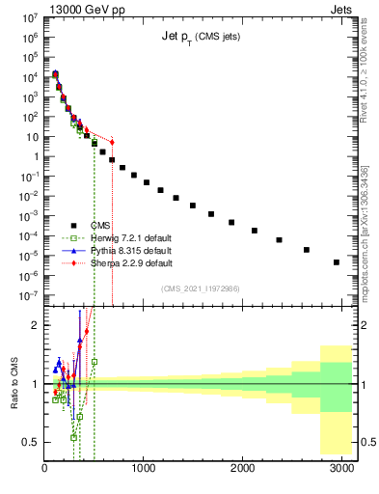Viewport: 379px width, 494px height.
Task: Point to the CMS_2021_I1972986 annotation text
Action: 208,288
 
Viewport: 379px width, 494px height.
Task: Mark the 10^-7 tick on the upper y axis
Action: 31,295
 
